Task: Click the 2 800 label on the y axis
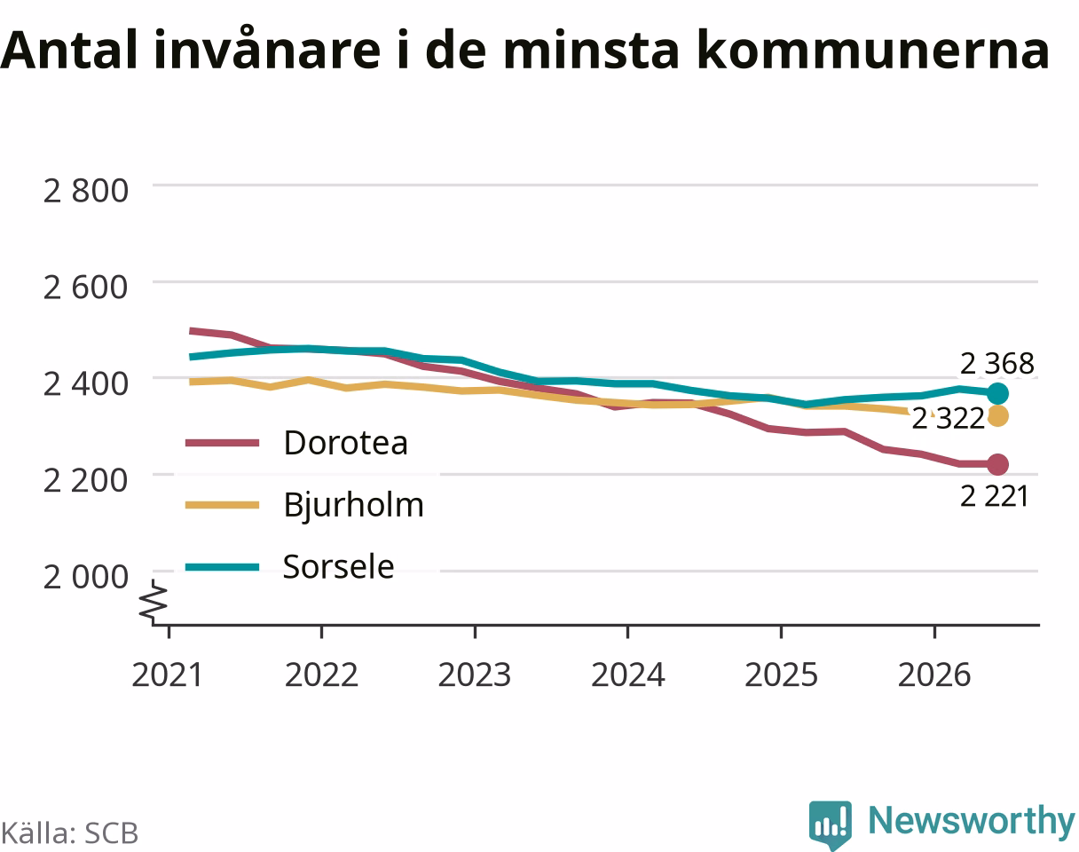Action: (x=86, y=191)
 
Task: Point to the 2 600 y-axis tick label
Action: (x=86, y=288)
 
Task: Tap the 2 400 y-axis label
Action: (x=86, y=384)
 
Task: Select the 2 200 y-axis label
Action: (x=86, y=481)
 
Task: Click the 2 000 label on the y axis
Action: (x=86, y=577)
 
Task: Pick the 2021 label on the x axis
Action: (x=167, y=675)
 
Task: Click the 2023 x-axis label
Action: (x=475, y=675)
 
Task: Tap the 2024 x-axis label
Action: (x=627, y=675)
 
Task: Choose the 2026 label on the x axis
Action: (x=934, y=675)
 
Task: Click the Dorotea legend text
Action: (x=345, y=443)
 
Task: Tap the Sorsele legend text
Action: (x=338, y=566)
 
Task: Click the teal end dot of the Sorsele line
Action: (x=997, y=394)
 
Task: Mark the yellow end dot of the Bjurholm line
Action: (x=997, y=416)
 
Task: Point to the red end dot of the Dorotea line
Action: (x=997, y=464)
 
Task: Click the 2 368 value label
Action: (x=996, y=364)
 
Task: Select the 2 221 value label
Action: (x=995, y=497)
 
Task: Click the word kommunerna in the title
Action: (x=873, y=51)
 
